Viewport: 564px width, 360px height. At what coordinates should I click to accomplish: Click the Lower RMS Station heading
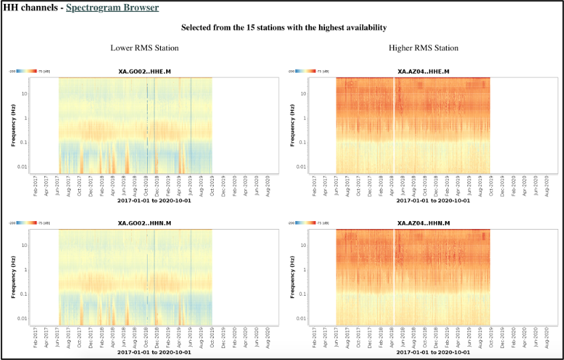(x=144, y=48)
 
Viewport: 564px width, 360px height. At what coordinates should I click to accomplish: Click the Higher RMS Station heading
(x=424, y=48)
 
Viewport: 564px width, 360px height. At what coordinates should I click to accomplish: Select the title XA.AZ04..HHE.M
(x=424, y=71)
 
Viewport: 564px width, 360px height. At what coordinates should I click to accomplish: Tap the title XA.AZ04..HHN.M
(x=424, y=224)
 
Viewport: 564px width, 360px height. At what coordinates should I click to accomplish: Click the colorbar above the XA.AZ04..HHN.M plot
(x=306, y=222)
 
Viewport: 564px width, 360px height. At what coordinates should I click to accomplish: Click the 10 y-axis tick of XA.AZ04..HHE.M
(x=305, y=94)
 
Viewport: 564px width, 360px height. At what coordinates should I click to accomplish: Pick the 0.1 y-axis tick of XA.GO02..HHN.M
(x=25, y=294)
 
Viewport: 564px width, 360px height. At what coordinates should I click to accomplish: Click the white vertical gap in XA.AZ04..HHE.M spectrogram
(x=394, y=126)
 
